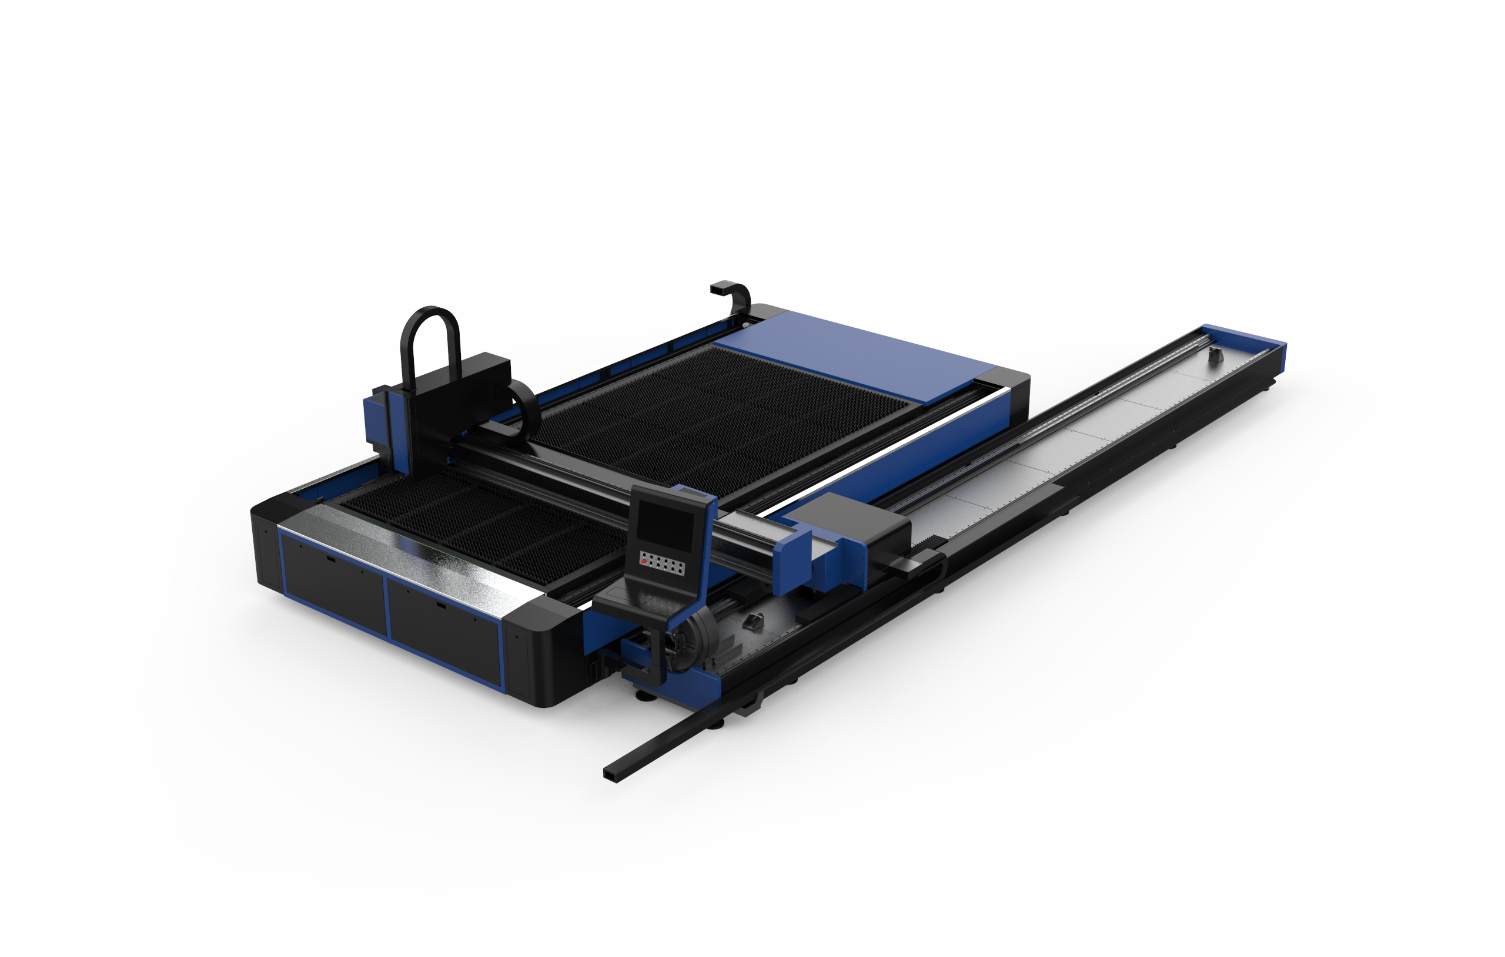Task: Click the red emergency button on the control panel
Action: [644, 562]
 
